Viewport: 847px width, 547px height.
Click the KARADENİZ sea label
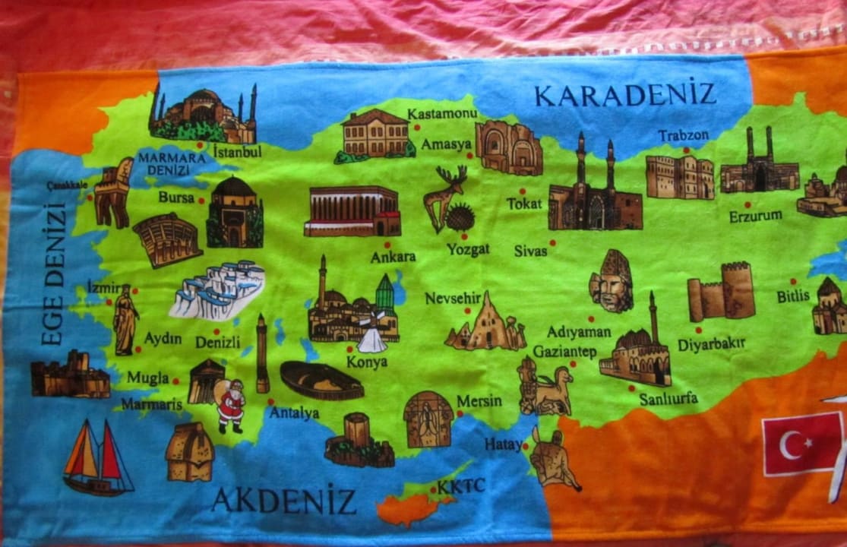pyautogui.click(x=624, y=95)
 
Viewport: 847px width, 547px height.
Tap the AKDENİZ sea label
pyautogui.click(x=283, y=501)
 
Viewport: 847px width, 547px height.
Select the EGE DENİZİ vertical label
pyautogui.click(x=53, y=274)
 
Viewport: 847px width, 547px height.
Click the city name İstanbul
pyautogui.click(x=237, y=151)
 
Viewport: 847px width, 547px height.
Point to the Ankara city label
pyautogui.click(x=393, y=257)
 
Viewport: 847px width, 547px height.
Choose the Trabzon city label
pyautogui.click(x=683, y=136)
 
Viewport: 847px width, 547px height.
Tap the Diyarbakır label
pyautogui.click(x=711, y=344)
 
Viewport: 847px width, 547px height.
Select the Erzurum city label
pyautogui.click(x=755, y=216)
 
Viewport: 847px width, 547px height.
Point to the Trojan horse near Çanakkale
pyautogui.click(x=114, y=194)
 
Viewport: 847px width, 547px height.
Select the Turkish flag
pyautogui.click(x=803, y=444)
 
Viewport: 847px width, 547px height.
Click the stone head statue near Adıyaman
pyautogui.click(x=612, y=281)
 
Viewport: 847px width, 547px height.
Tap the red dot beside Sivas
pyautogui.click(x=552, y=243)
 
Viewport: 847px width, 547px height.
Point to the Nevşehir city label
pyautogui.click(x=453, y=299)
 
